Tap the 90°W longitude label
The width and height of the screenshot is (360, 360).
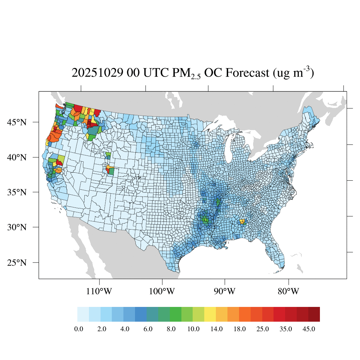tap(225, 291)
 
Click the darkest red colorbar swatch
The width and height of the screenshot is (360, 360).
tap(314, 314)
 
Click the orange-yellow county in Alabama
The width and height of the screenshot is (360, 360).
tap(242, 221)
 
